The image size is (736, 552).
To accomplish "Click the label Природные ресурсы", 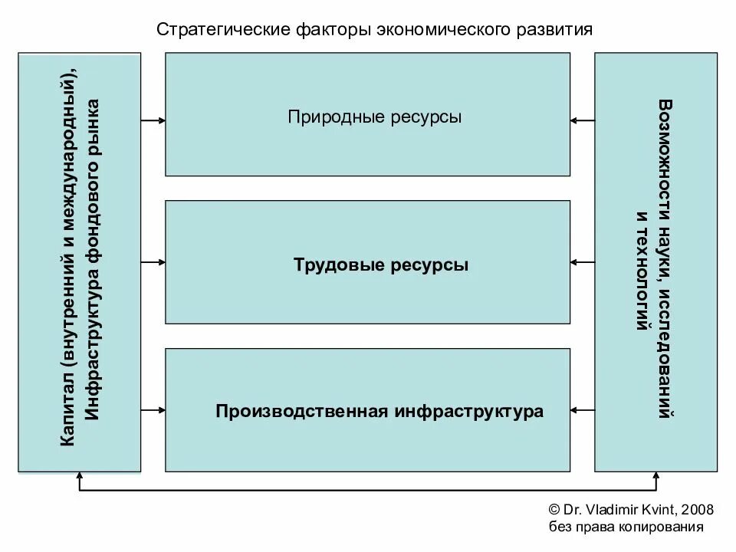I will point(375,118).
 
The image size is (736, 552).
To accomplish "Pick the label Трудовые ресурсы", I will point(380,265).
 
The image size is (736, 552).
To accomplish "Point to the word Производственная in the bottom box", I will point(303,411).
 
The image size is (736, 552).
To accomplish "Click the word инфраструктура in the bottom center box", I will point(469,411).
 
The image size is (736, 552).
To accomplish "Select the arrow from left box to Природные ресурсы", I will point(153,120).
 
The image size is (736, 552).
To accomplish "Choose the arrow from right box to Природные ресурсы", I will point(583,120).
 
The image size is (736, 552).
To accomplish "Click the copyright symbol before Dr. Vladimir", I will point(555,510).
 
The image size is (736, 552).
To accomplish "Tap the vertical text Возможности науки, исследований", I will point(665,261).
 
